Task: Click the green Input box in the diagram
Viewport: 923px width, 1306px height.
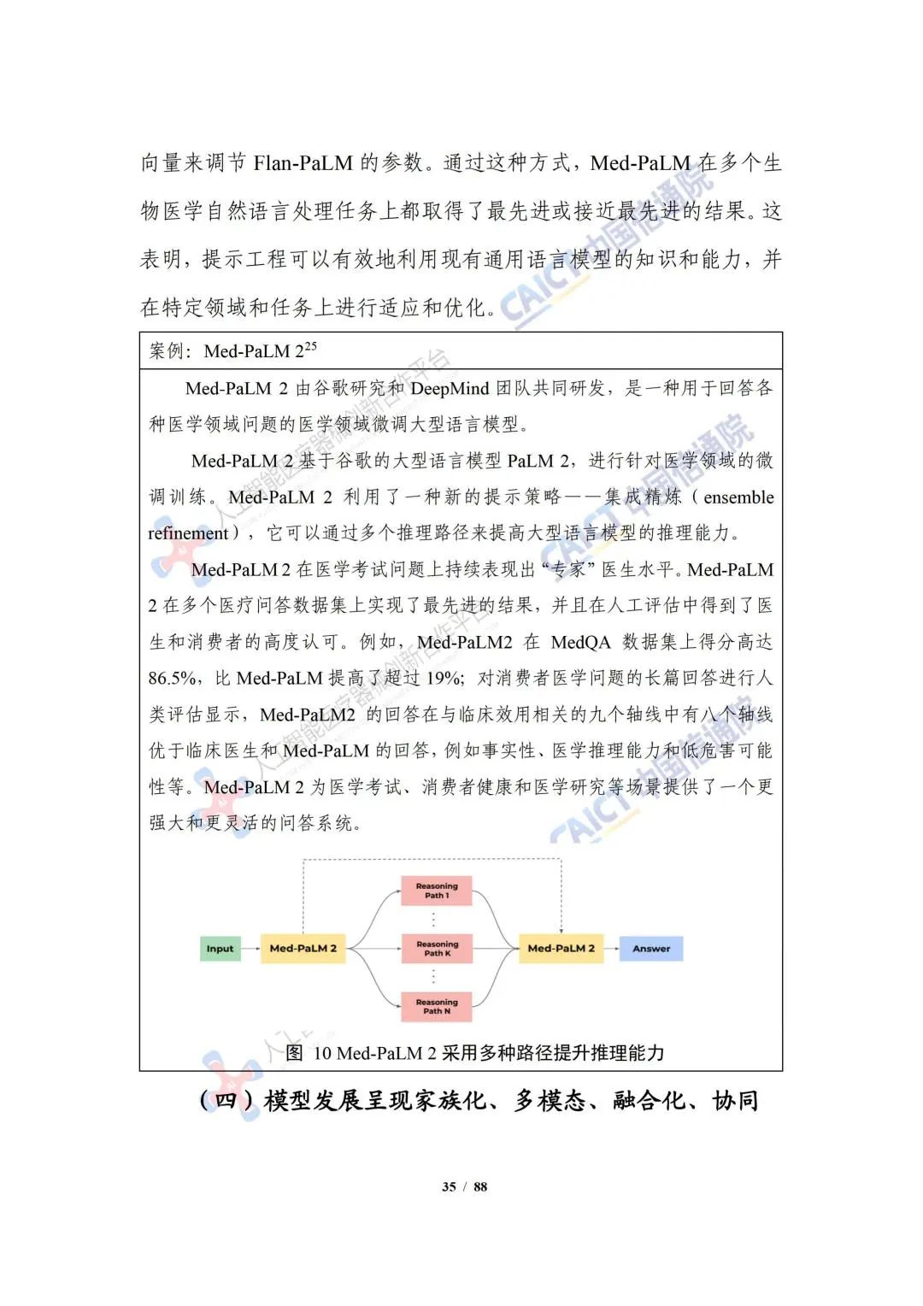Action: [x=220, y=949]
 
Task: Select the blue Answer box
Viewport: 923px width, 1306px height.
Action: [x=651, y=949]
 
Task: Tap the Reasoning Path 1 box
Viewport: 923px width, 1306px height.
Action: [x=437, y=891]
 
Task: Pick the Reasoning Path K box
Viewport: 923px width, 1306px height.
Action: [x=437, y=949]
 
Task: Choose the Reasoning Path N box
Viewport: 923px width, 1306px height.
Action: [x=437, y=1006]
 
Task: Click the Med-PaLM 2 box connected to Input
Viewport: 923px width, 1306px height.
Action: [x=303, y=949]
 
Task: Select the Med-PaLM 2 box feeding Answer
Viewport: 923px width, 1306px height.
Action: [x=561, y=949]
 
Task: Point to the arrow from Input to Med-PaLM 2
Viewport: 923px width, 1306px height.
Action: [x=250, y=949]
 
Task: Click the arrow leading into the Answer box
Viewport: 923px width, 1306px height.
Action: [x=611, y=949]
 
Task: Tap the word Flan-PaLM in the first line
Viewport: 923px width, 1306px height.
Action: [x=303, y=163]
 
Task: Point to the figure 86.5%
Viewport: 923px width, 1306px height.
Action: [x=173, y=679]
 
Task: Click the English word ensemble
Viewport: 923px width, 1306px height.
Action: [x=738, y=497]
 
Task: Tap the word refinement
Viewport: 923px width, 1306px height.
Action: [x=189, y=533]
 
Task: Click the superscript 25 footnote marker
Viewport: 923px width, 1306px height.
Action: [x=310, y=346]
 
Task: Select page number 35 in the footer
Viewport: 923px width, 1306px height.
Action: [x=449, y=1186]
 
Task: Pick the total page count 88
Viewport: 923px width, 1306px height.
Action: [x=480, y=1186]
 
